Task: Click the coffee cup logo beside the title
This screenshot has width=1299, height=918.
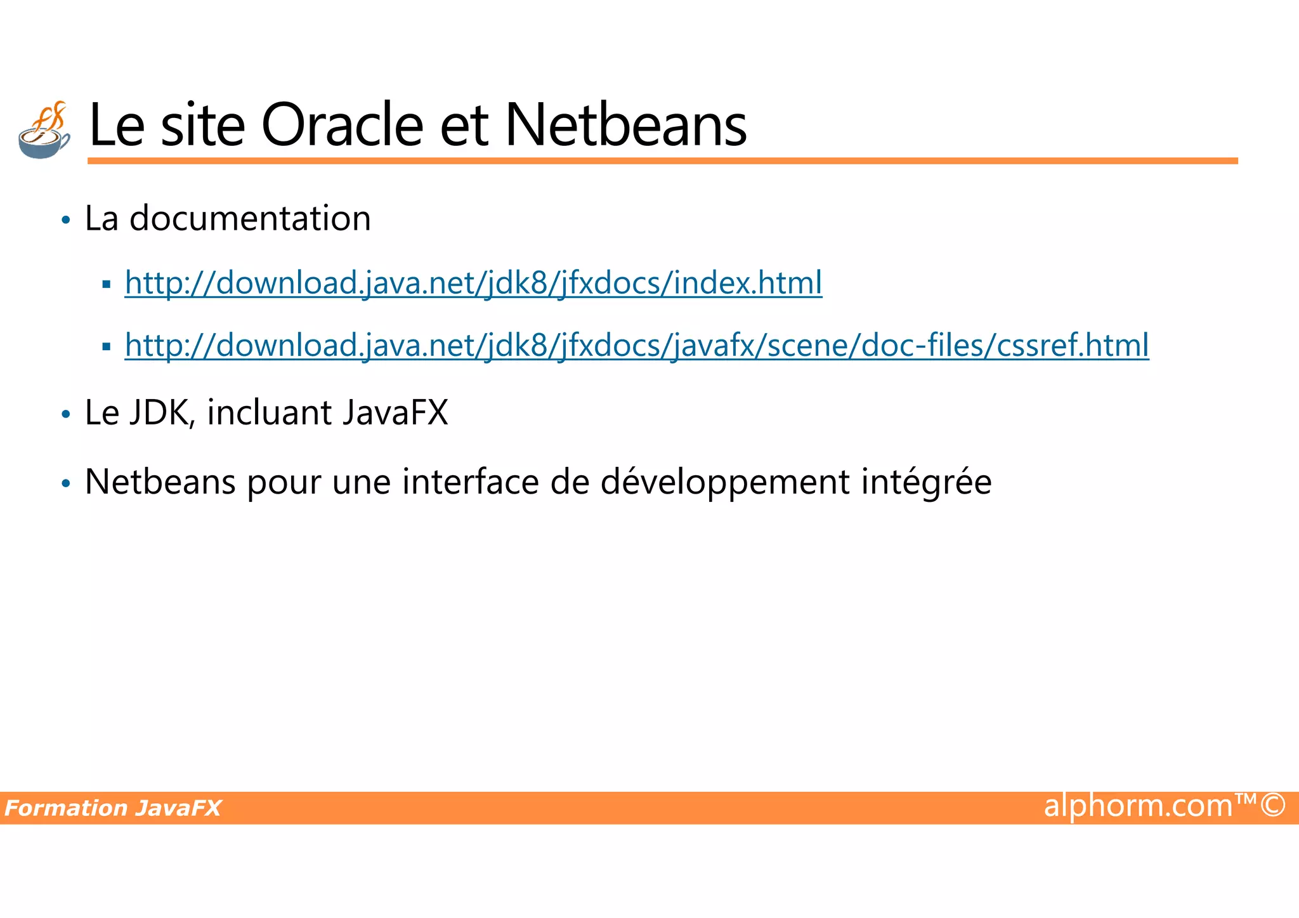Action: [x=44, y=130]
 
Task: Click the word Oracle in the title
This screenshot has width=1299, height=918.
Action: [x=342, y=125]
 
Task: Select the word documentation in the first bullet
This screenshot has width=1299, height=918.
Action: [x=250, y=219]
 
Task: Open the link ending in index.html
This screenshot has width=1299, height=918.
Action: [x=473, y=283]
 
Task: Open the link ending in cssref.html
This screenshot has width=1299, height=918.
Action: [x=636, y=346]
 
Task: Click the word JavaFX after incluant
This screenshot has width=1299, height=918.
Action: [x=395, y=413]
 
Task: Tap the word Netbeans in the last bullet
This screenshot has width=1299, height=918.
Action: [x=160, y=482]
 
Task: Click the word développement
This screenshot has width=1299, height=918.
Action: [x=724, y=482]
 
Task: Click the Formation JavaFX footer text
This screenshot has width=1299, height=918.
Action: [x=113, y=808]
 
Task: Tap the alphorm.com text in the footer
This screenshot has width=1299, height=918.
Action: [x=1138, y=806]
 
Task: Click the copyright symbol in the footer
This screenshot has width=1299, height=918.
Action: [x=1272, y=806]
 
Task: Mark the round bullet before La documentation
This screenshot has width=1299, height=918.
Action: [x=65, y=221]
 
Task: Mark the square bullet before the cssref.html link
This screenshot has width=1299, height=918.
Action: [x=106, y=347]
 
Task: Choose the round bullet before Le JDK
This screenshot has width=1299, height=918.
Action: [x=65, y=415]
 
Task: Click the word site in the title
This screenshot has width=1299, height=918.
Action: [x=203, y=125]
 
